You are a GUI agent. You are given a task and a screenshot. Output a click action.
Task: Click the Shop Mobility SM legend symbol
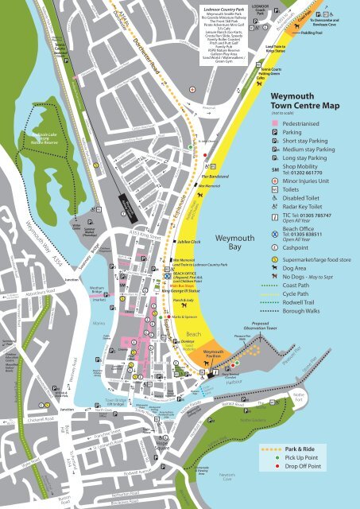click(x=275, y=170)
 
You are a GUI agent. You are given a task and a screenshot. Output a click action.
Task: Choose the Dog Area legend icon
click(x=275, y=269)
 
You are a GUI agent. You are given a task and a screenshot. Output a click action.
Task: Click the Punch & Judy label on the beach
click(x=184, y=302)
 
